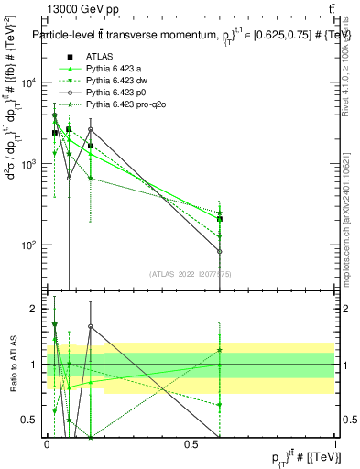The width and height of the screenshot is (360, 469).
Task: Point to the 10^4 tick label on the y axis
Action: (31, 82)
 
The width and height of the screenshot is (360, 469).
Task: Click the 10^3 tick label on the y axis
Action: (31, 164)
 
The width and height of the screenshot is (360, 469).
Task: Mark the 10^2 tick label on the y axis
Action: (31, 245)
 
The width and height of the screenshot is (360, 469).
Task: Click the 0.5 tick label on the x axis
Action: (191, 444)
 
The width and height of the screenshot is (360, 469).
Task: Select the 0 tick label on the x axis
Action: (47, 444)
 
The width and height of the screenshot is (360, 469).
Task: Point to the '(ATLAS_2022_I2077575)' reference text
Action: (190, 273)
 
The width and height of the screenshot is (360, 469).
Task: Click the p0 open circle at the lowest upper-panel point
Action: (220, 251)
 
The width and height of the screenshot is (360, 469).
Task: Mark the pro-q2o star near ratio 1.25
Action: (220, 350)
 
